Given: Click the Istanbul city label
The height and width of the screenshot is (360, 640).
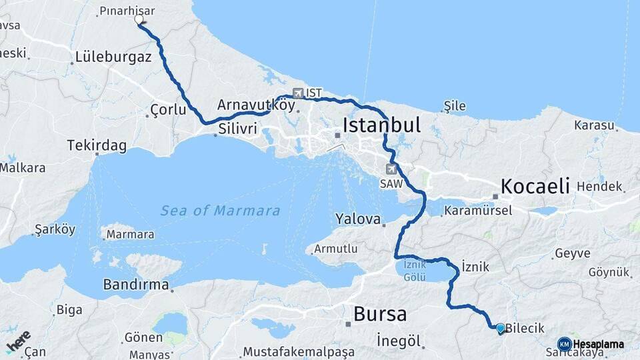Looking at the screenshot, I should pos(381,125).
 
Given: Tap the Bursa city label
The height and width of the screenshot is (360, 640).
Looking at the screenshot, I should pos(379,313).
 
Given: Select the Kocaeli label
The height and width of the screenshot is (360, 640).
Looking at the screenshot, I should pos(535,185).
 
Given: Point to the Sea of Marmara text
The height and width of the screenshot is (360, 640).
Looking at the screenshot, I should pos(220,211).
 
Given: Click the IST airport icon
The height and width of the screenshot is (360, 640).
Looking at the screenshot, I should pos(297,93).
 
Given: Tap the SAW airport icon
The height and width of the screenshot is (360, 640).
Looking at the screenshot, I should pos(391,169).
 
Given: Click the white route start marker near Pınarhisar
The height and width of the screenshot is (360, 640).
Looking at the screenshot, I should pos(139,19).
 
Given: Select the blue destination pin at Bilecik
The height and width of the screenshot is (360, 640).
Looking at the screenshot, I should pos(500,327).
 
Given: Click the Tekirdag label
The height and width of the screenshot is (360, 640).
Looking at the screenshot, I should pos(97,145).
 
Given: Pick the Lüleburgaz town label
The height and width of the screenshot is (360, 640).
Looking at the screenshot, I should pos(114,57).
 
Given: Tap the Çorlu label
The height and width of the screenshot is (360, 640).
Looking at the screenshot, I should pos(168,109).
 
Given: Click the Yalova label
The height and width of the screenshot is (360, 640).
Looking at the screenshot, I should pos(358,219).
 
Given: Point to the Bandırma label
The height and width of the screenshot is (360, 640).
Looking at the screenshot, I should pos(135,284).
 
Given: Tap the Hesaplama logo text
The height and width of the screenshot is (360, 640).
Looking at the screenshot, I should pos(598,344).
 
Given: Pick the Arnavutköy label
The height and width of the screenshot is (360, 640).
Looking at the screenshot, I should pos(247,105).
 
